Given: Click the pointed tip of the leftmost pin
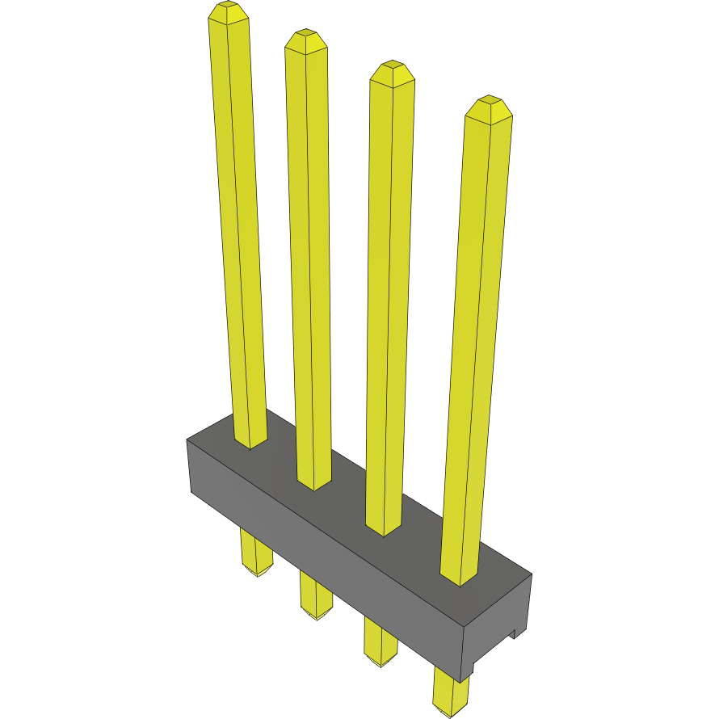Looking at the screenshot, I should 228,11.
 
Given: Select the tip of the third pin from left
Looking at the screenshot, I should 392,70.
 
